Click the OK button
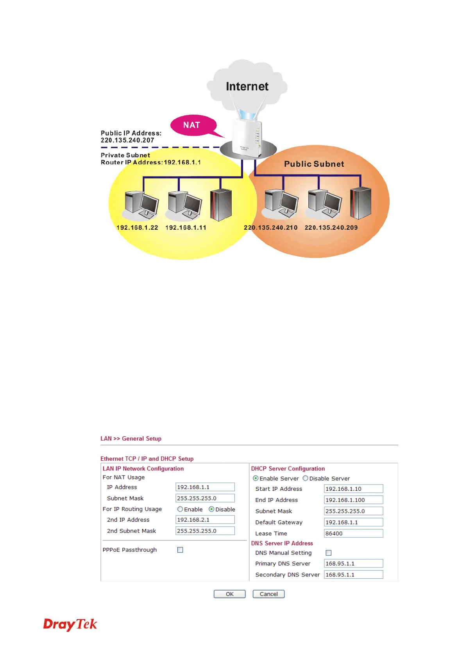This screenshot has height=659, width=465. click(x=229, y=594)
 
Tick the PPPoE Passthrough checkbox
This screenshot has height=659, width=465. click(x=180, y=550)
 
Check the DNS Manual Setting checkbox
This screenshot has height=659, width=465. click(x=329, y=553)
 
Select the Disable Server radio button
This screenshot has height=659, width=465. click(x=306, y=478)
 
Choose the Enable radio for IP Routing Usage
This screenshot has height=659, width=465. click(x=180, y=509)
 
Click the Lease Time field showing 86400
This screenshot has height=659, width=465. click(x=353, y=533)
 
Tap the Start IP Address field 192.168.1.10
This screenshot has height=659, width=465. click(x=353, y=489)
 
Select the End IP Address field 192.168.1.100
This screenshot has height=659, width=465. click(x=353, y=500)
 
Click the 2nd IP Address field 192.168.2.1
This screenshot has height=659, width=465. click(x=205, y=520)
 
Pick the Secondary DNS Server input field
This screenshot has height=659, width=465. click(x=353, y=574)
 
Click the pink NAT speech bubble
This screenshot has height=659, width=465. click(x=193, y=125)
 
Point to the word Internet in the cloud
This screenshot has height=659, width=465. click(x=247, y=86)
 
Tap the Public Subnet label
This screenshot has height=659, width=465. click(x=314, y=164)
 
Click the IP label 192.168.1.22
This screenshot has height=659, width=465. click(x=137, y=228)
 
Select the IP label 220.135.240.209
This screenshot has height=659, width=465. click(x=331, y=228)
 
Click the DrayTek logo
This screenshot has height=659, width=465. click(x=70, y=624)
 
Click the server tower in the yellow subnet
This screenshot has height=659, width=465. click(x=221, y=205)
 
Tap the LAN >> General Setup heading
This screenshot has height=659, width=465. click(x=131, y=439)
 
